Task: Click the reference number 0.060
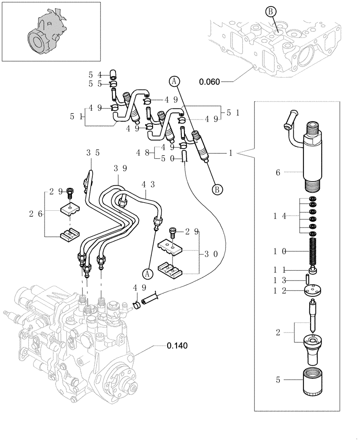[210, 82]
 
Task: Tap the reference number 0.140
[177, 346]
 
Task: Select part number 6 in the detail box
[278, 173]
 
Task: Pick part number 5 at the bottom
[278, 379]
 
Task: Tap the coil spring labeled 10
[313, 252]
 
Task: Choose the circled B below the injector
[217, 189]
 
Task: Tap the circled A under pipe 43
[148, 273]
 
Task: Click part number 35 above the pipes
[93, 153]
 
